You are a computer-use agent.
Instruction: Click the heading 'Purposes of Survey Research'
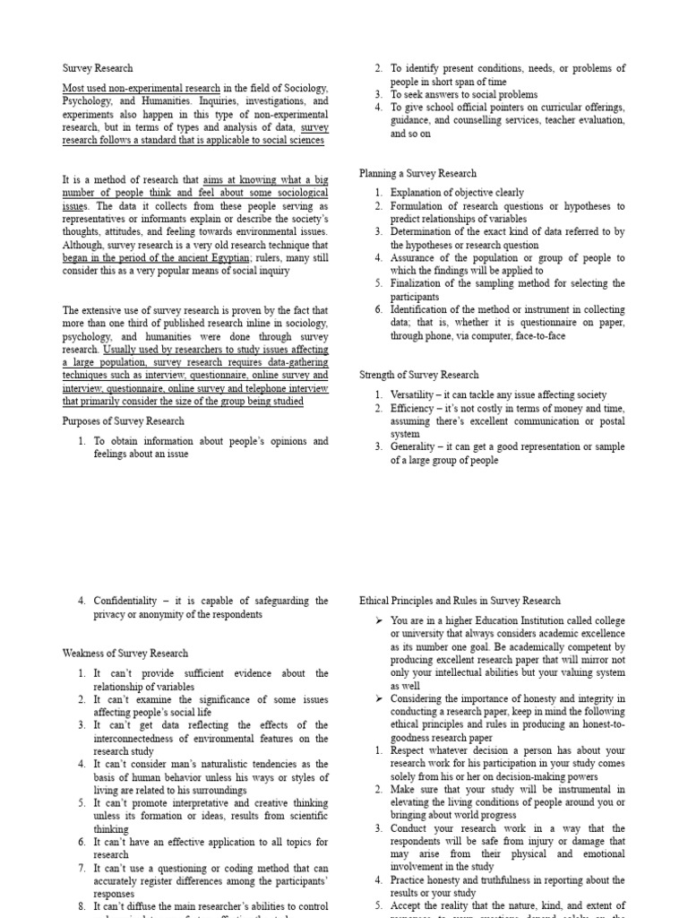123,420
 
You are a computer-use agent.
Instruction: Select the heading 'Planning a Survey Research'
417,173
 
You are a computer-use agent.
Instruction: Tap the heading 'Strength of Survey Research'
418,375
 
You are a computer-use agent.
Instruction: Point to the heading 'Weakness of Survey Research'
125,653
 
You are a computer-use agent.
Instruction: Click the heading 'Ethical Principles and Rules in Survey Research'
460,601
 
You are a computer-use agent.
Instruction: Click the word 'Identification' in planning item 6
421,309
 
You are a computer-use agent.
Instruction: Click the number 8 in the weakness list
81,906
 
